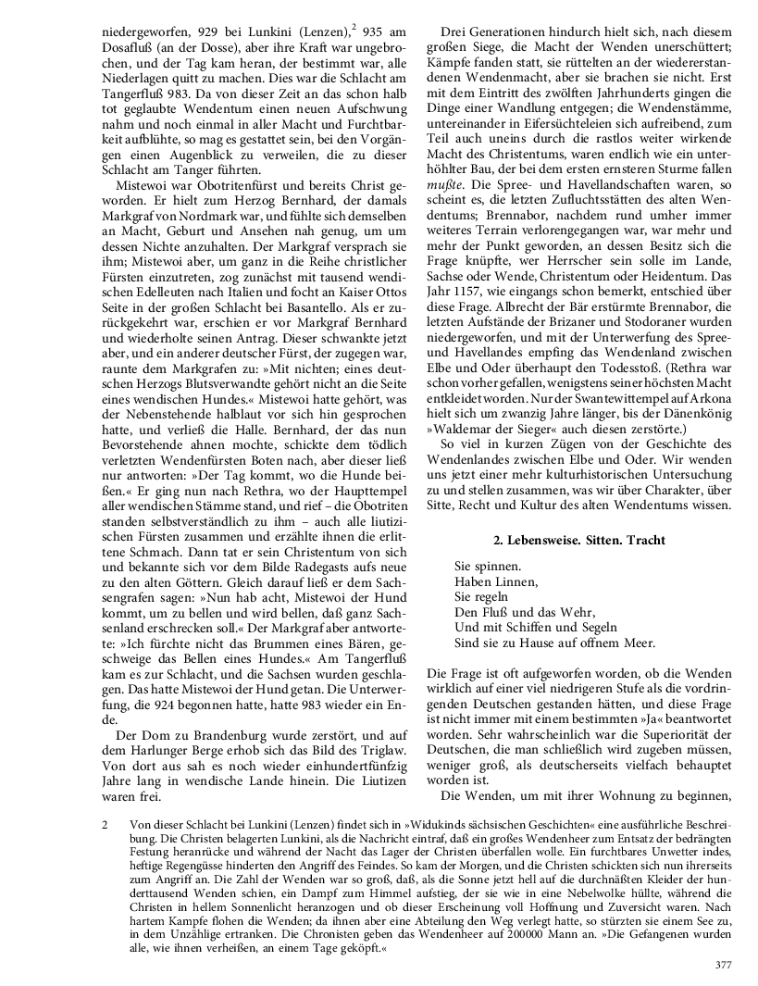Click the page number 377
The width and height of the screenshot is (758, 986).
723,965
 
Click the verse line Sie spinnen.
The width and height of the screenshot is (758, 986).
488,566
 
